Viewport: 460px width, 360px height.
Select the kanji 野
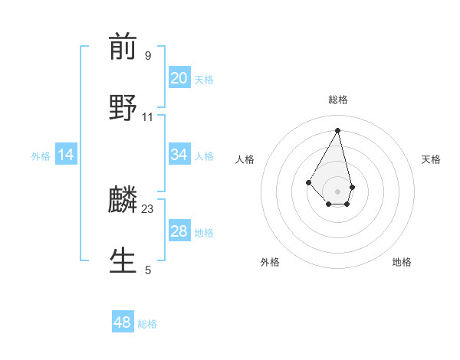tap(123, 106)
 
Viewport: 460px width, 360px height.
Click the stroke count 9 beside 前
tap(148, 55)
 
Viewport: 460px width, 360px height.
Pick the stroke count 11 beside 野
tap(148, 117)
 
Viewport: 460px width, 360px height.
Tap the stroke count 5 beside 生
tap(148, 270)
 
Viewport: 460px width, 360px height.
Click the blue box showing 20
tap(179, 78)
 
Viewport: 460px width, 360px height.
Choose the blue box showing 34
tap(179, 155)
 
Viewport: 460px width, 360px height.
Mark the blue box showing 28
tap(179, 231)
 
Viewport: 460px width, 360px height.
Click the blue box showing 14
tap(66, 155)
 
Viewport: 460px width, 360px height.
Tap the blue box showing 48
tap(123, 322)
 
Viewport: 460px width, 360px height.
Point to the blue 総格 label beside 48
tap(147, 324)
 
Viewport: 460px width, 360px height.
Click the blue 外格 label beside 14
tap(41, 156)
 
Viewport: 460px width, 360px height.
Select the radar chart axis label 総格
tap(338, 100)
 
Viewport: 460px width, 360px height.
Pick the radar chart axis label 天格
tap(431, 159)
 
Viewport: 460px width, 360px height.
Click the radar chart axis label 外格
tap(270, 262)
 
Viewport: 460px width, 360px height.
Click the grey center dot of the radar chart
tap(338, 191)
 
